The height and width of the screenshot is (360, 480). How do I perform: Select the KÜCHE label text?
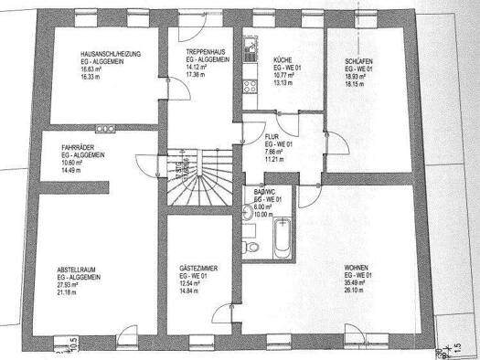tap(283, 59)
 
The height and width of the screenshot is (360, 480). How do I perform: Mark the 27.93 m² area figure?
tap(73, 285)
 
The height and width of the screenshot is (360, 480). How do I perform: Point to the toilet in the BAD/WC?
tap(250, 249)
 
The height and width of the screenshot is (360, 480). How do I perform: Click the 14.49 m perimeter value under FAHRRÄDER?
tap(73, 172)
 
